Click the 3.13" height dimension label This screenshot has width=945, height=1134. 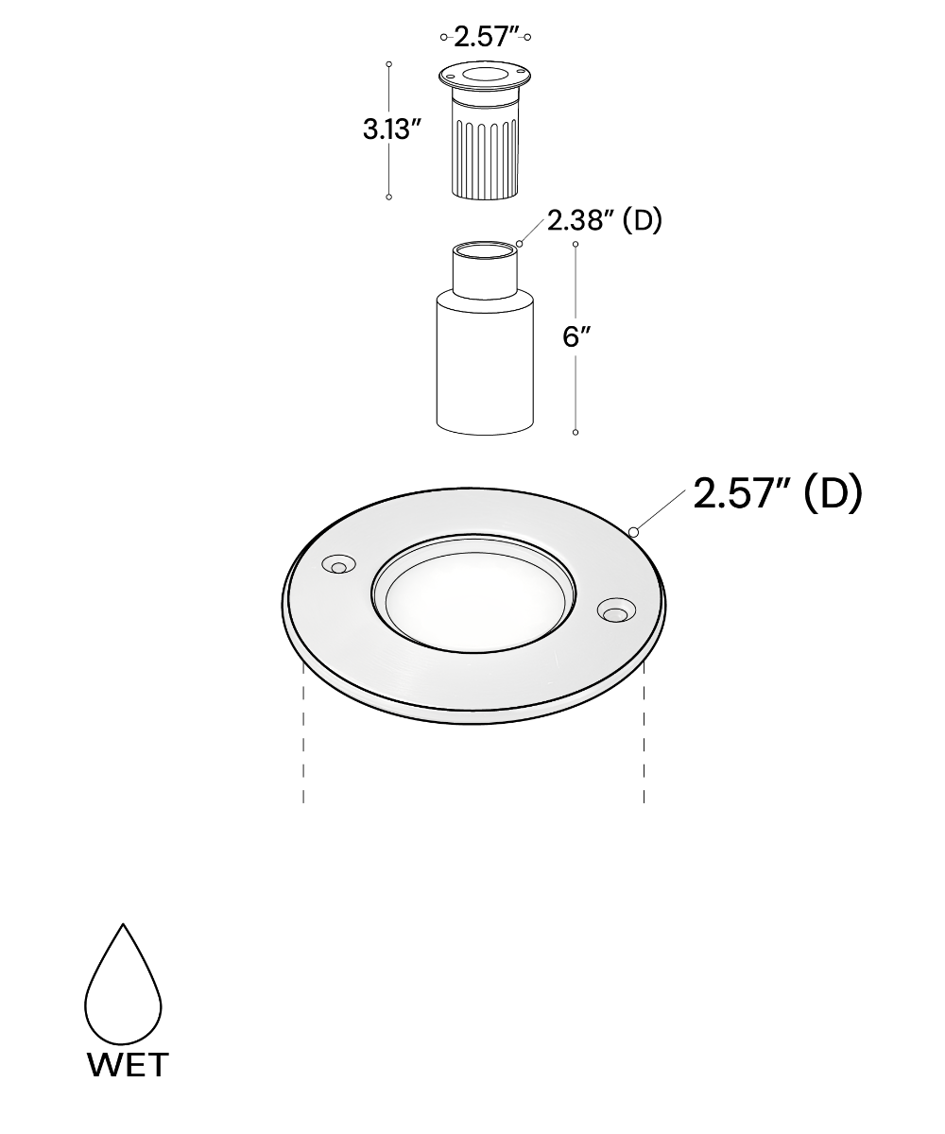[392, 129]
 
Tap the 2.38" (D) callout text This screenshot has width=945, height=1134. [605, 220]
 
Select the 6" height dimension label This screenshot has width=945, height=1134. [576, 336]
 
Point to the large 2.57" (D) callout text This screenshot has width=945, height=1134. [778, 493]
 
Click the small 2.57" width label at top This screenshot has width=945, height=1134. [485, 37]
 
